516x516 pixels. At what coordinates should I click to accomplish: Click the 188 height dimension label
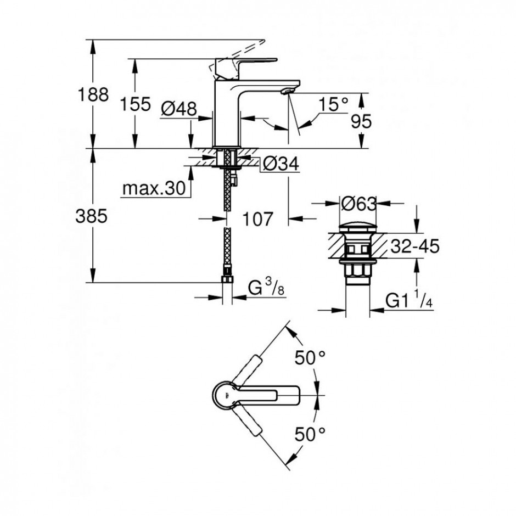93,95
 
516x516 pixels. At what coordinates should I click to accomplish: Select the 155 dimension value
135,104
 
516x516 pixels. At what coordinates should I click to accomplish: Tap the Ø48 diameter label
179,108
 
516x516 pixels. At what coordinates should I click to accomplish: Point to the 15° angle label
333,104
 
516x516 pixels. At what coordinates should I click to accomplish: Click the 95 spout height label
361,121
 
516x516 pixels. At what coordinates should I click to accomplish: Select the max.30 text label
154,189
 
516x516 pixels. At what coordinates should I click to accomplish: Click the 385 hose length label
92,216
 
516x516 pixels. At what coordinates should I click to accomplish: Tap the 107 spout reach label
257,218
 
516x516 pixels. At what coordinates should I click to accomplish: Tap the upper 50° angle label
310,357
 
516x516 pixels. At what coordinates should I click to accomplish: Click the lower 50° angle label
310,434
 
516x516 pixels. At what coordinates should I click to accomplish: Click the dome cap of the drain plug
358,228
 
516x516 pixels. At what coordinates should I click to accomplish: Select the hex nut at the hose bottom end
227,280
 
